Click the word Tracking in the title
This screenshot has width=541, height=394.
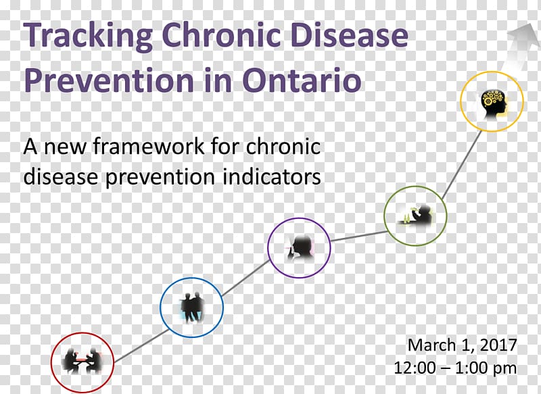click(88, 36)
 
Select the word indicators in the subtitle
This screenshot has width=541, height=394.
click(272, 176)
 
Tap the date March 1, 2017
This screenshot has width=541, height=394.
click(463, 345)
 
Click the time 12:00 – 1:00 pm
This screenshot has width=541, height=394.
click(455, 368)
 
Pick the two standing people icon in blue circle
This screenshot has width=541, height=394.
click(192, 307)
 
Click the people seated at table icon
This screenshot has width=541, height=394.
click(83, 361)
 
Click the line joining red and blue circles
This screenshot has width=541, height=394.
click(141, 346)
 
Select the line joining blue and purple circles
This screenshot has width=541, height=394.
click(246, 278)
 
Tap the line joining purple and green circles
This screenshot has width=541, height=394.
click(359, 236)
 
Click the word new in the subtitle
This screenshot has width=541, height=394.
click(65, 147)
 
